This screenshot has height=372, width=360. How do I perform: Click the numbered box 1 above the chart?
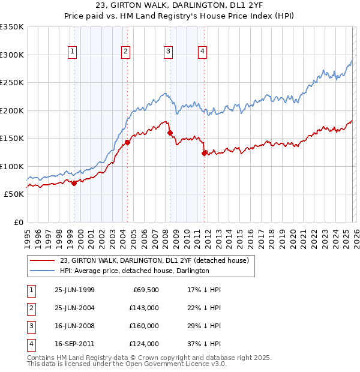72,52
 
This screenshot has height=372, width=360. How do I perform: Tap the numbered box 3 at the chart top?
168,52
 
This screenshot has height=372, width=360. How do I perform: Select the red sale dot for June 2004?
127,143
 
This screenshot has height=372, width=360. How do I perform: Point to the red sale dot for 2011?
205,153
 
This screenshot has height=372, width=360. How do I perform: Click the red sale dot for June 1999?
74,184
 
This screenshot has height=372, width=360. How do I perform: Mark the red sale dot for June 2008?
170,133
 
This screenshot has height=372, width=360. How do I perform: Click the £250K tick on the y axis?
12,82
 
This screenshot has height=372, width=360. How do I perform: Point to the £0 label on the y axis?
18,222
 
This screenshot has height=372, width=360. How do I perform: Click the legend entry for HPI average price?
134,271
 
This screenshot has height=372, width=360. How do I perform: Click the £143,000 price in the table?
144,308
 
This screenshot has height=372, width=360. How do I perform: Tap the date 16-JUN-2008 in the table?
74,326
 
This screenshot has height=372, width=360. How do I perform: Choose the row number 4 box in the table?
31,344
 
